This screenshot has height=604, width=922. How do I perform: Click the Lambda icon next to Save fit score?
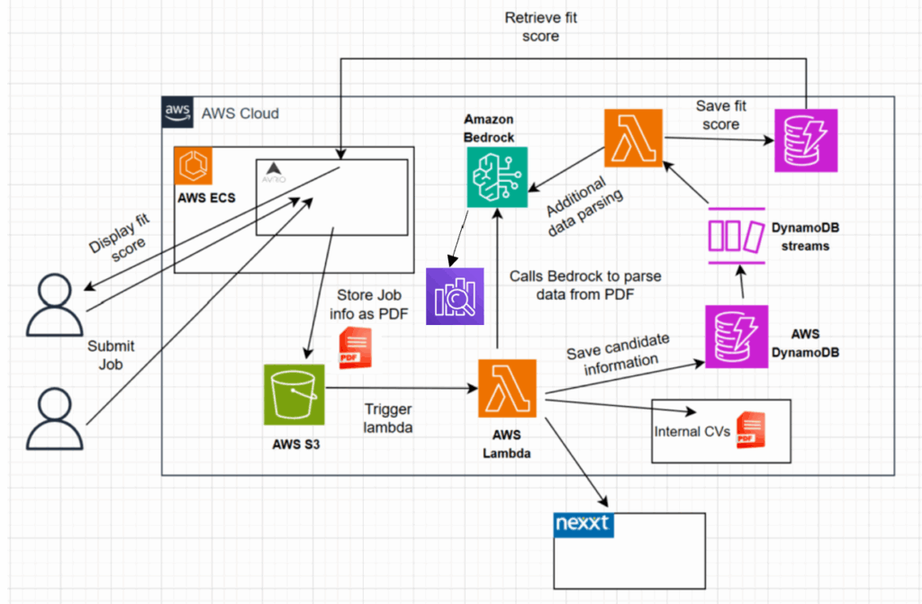point(633,138)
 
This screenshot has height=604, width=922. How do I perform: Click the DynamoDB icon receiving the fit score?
point(806,140)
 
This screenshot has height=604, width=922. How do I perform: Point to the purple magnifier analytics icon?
point(455,295)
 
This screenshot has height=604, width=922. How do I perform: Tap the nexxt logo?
point(583,525)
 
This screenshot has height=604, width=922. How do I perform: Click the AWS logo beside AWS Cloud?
point(177,113)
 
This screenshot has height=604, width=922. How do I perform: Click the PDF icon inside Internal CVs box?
point(749,431)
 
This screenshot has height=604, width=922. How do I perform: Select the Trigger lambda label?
point(388,419)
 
